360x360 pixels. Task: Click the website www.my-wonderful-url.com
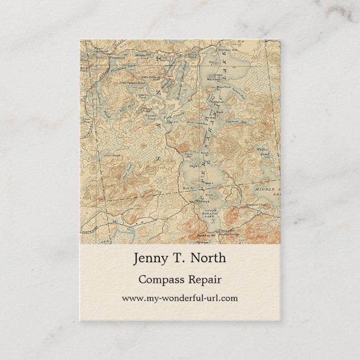[179, 298]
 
